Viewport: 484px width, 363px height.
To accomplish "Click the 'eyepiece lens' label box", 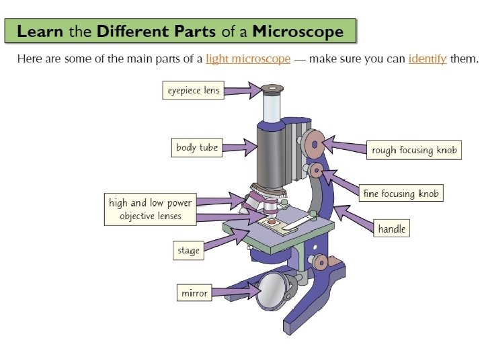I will click(193, 90).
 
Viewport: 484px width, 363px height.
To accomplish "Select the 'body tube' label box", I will click(197, 147).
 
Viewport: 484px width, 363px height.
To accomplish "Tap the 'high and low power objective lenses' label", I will click(151, 209).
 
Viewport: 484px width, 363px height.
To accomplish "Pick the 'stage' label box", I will click(188, 251).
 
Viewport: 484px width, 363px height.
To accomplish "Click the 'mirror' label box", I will click(195, 293).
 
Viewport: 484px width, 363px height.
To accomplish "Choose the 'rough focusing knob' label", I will click(414, 150).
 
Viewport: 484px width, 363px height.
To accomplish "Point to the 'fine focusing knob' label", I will click(401, 194).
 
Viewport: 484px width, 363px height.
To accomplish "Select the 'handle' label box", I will click(391, 229).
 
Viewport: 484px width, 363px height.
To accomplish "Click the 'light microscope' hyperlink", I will click(248, 58).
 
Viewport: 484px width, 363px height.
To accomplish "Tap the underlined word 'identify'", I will click(427, 58).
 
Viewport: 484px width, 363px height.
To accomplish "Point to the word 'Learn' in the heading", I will click(40, 31).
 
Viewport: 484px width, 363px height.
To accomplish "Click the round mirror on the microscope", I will click(272, 289).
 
